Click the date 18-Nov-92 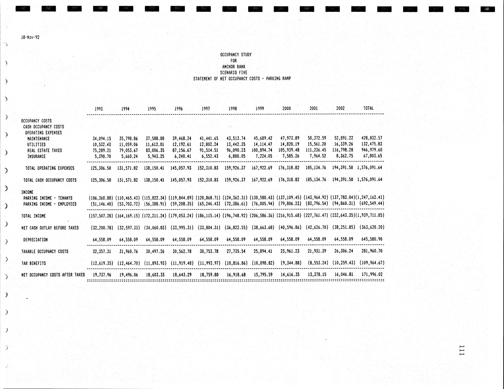coord(30,37)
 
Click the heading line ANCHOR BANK coord(234,67)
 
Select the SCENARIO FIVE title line coord(234,73)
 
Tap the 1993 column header coord(99,109)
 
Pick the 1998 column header coord(233,109)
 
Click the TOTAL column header coord(368,108)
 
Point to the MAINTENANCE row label coord(38,139)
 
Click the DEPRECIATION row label coord(35,240)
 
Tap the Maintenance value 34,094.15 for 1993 coord(102,139)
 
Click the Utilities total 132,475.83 coord(372,144)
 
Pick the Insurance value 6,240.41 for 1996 coord(182,156)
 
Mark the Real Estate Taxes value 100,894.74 coord(262,150)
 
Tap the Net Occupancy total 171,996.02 coord(372,274)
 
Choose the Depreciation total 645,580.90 coord(372,239)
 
